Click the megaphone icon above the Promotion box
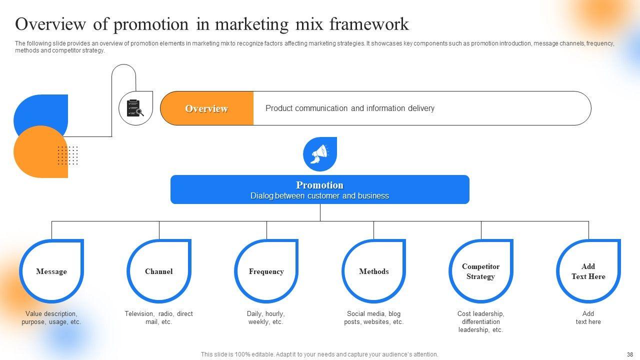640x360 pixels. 319,154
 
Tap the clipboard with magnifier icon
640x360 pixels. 135,108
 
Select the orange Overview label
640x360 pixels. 206,108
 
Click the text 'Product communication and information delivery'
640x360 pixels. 349,108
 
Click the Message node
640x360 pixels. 51,271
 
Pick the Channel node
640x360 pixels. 159,271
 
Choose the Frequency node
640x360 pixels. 266,271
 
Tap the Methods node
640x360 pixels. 373,271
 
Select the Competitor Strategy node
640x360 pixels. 481,271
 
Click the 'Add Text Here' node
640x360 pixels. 588,271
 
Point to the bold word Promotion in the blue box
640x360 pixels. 319,185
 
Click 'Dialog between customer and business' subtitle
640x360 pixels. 319,196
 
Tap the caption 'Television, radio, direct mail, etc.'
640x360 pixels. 159,317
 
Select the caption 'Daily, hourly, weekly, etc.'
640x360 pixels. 266,317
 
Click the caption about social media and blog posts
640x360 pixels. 373,317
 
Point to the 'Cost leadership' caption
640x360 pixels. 481,321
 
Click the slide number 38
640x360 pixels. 630,354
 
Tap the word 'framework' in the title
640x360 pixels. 369,23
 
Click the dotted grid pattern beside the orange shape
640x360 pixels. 67,155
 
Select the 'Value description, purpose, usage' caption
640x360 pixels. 51,317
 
